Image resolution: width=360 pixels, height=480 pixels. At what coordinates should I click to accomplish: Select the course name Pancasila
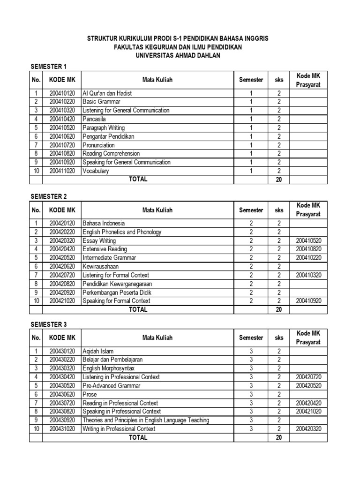coord(93,119)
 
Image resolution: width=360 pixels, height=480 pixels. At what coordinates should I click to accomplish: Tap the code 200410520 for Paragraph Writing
coord(62,127)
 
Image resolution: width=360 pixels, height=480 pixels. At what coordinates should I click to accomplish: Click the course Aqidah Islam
coord(98,351)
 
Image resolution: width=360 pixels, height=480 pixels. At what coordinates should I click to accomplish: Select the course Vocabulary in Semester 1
coord(96,171)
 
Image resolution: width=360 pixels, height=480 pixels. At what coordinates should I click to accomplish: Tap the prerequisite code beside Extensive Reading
coord(309,249)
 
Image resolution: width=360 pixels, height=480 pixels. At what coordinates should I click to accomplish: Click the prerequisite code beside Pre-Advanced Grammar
coord(309,386)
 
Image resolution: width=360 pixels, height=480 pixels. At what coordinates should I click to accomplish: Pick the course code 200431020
coord(62,429)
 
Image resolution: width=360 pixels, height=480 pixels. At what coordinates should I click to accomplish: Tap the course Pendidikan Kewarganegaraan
coord(117,284)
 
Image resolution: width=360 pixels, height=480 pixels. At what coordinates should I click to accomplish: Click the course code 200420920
coord(62,292)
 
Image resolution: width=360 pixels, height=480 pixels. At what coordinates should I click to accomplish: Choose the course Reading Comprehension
coord(111,153)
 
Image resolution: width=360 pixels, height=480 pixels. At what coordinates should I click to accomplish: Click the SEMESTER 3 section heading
coord(49,324)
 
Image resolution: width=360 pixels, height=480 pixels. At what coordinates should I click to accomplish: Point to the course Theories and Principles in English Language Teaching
coord(146,420)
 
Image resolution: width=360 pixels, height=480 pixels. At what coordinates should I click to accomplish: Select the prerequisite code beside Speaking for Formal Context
coord(309,300)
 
